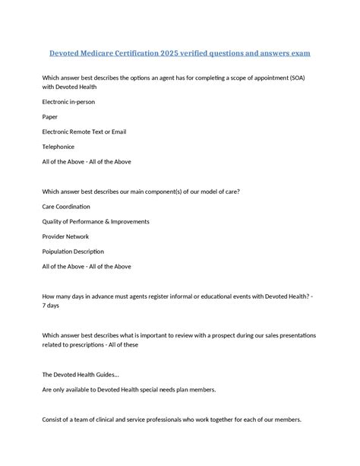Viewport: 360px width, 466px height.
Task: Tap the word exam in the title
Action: [299, 54]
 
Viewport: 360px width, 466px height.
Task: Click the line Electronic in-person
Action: [68, 101]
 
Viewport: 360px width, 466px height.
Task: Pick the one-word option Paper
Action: [49, 116]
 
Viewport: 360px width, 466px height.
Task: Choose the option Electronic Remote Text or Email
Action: [84, 132]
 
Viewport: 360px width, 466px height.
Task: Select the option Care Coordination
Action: [66, 206]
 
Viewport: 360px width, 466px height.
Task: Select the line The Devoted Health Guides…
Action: [81, 374]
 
